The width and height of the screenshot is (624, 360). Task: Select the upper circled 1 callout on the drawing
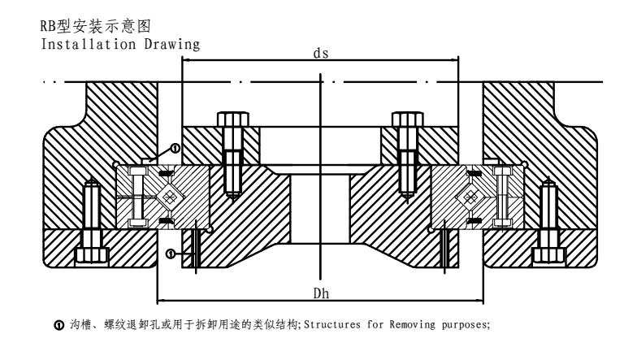(x=175, y=148)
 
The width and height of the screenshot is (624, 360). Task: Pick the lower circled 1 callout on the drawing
(x=169, y=254)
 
